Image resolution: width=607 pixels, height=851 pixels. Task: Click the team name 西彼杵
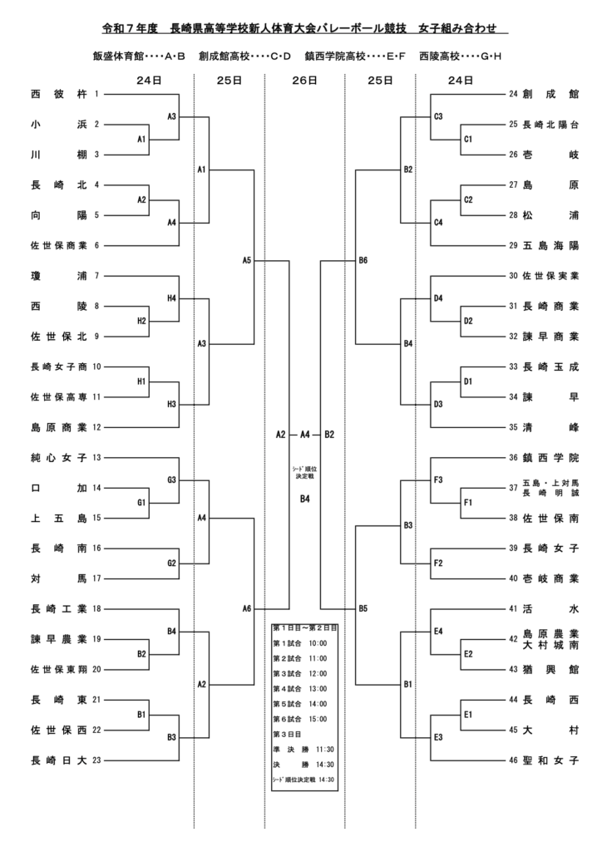(58, 94)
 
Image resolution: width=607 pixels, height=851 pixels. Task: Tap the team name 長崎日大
(58, 760)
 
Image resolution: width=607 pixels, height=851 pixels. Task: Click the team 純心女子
(58, 457)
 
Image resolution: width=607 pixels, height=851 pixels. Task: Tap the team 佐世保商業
(58, 245)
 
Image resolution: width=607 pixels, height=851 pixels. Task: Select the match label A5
(247, 260)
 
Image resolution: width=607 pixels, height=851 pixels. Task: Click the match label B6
(363, 260)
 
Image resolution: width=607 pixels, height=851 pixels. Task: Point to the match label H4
(172, 298)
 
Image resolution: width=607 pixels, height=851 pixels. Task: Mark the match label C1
(467, 139)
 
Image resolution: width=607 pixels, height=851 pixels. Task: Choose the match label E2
(467, 654)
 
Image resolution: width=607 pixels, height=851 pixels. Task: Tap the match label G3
(172, 480)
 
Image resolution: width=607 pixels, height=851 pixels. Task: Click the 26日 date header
(304, 81)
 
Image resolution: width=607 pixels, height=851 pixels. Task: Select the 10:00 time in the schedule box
(318, 642)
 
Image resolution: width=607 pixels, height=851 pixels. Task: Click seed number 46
(513, 760)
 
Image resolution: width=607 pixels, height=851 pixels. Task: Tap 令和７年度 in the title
(128, 28)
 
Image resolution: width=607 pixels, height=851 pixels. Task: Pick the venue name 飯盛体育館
(120, 57)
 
